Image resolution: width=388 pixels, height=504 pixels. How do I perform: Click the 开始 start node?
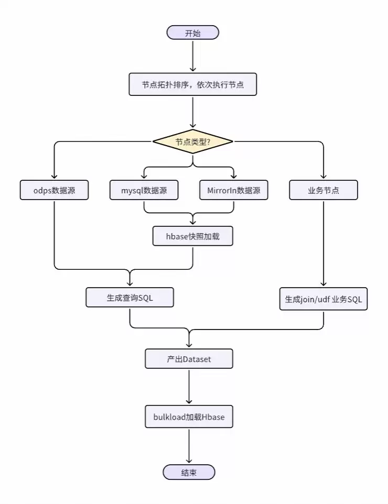(x=192, y=32)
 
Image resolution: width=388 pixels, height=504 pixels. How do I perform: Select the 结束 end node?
(x=189, y=472)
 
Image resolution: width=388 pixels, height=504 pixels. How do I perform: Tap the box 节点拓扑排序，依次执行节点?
(x=192, y=84)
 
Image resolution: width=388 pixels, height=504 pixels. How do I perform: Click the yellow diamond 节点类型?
(x=192, y=141)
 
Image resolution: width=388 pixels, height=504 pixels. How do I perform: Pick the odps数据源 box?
(x=54, y=190)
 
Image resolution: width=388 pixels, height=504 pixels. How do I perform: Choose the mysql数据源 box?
(x=144, y=190)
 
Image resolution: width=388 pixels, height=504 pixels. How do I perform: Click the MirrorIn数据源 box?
(x=233, y=190)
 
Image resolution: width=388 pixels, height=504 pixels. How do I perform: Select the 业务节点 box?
(x=324, y=190)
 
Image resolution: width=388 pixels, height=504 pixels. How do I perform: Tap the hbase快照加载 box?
(x=192, y=236)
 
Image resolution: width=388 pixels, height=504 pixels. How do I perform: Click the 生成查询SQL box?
(x=130, y=298)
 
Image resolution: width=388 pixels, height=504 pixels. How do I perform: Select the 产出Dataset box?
(x=189, y=359)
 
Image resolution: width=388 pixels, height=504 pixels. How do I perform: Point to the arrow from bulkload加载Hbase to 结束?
(x=189, y=445)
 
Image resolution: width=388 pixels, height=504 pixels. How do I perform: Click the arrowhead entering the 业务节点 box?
(x=324, y=177)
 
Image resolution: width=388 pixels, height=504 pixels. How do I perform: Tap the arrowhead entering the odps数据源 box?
(x=54, y=177)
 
